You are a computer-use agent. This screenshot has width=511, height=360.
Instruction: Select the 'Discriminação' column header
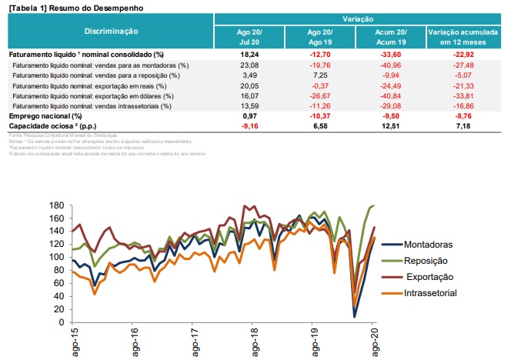point(111,31)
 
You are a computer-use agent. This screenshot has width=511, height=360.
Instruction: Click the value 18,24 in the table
point(249,55)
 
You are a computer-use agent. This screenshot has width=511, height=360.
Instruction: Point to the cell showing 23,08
point(250,66)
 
